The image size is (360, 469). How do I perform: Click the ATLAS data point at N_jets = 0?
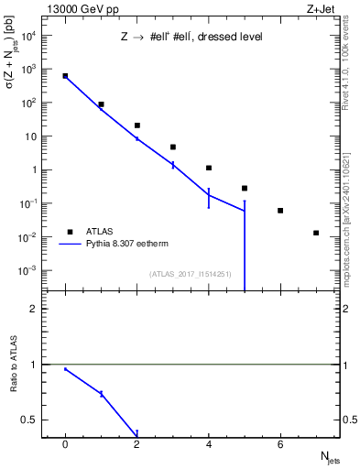65,76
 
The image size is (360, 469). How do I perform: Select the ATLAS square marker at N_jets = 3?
173,147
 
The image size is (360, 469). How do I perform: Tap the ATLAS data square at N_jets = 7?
316,233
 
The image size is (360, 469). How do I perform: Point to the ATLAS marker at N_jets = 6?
280,211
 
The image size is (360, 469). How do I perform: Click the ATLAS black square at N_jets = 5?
245,188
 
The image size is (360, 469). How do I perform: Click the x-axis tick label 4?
209,445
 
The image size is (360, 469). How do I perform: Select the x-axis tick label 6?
280,445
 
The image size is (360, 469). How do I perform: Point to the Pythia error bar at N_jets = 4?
209,198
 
